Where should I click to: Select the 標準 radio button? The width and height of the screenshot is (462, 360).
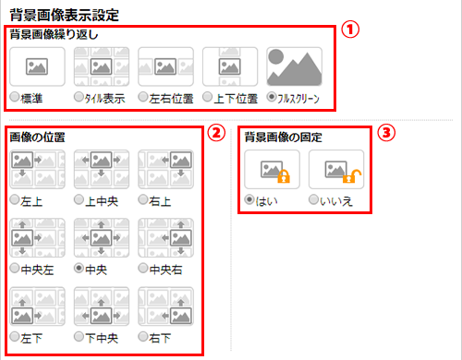pos(14,97)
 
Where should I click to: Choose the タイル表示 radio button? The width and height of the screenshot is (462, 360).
pos(79,97)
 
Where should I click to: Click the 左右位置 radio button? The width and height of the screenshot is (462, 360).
pos(143,97)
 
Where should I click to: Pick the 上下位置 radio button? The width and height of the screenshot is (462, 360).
pos(207,97)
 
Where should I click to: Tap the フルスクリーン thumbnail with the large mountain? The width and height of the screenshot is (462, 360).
pos(295,66)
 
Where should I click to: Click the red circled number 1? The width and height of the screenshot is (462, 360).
pos(350,30)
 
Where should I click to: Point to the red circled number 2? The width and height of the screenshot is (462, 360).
pos(216,133)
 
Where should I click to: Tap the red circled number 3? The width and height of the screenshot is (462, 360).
pos(386,133)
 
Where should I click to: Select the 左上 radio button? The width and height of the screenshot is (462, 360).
pos(14,199)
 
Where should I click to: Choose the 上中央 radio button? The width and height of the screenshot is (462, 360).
pos(79,199)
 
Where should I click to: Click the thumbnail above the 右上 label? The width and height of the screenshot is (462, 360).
pos(165,169)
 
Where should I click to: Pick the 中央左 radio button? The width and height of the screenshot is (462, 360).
pos(14,268)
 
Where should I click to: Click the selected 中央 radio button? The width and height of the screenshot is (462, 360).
pos(79,268)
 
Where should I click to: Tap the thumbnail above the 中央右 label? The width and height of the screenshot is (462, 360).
pos(165,237)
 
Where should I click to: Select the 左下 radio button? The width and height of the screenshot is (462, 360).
pos(14,337)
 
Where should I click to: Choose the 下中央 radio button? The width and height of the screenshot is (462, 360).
pos(79,337)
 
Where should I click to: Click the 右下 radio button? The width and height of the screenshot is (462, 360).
pos(143,337)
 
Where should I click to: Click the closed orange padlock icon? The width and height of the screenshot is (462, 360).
pos(284,175)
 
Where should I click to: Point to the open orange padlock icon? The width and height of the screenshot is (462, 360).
pos(351,176)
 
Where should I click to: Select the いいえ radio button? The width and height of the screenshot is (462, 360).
pos(313,199)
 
